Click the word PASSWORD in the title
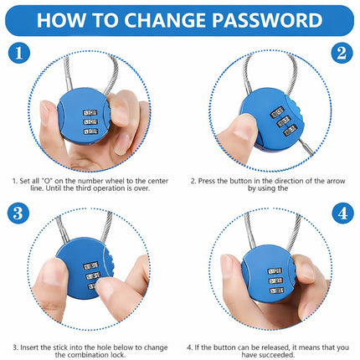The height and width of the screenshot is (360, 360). click(x=267, y=20)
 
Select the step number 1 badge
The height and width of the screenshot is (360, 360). click(x=19, y=53)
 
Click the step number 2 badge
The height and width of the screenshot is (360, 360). click(x=342, y=53)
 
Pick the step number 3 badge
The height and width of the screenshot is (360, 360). click(x=18, y=213)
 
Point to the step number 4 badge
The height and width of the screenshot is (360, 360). click(x=343, y=213)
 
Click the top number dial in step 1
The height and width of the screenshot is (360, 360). click(x=90, y=113)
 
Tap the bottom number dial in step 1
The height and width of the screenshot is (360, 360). click(x=91, y=131)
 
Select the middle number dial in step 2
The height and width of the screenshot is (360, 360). click(x=284, y=121)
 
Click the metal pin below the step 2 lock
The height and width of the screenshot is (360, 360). click(x=307, y=147)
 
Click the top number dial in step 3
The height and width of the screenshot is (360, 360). click(x=90, y=265)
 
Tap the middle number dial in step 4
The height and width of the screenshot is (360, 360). click(x=275, y=280)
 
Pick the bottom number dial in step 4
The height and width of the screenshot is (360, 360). click(x=276, y=291)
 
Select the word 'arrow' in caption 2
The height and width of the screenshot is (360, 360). click(x=336, y=181)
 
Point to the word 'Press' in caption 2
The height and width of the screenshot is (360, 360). click(x=207, y=181)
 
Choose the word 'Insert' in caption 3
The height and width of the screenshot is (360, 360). click(x=29, y=347)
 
